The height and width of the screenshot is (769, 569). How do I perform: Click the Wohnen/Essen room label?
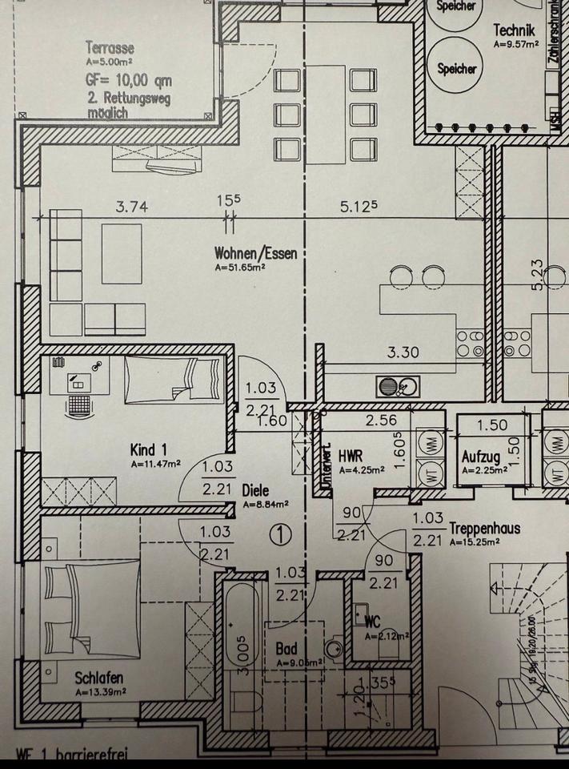click(x=250, y=255)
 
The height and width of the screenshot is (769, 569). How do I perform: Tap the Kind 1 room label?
click(x=149, y=450)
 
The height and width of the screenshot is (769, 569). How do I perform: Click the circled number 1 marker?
click(x=278, y=533)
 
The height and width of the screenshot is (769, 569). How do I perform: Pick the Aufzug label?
click(x=481, y=457)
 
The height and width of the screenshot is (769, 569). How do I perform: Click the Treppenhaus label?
click(x=485, y=529)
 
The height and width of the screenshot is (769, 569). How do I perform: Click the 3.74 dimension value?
click(x=131, y=207)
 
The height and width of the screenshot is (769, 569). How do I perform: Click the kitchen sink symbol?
click(x=398, y=387)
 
